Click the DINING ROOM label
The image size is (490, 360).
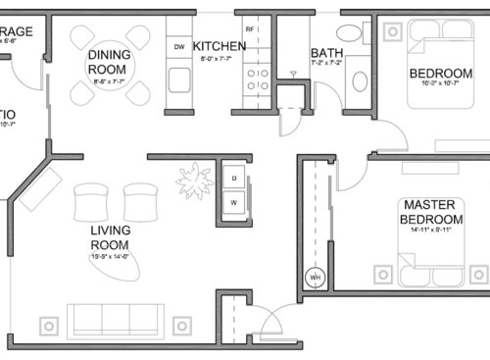107,63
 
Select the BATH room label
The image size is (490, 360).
325,54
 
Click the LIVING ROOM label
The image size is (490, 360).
110,237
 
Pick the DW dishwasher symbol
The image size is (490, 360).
179,47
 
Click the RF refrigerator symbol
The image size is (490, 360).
250,30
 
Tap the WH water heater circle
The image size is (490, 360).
316,277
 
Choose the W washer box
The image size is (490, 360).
234,203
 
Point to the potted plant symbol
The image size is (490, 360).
194,180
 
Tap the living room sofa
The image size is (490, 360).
115,321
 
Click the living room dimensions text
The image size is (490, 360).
110,257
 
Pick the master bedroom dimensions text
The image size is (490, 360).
431,231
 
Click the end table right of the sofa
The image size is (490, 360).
180,325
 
